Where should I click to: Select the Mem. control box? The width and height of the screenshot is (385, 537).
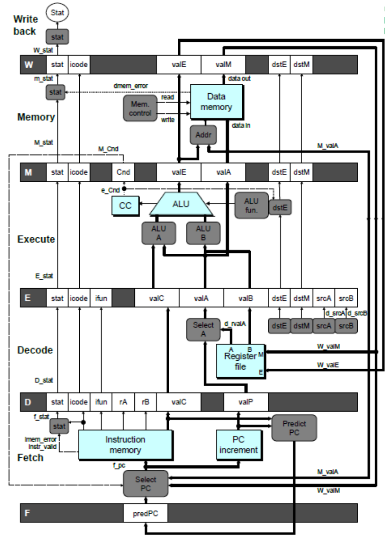pyautogui.click(x=140, y=108)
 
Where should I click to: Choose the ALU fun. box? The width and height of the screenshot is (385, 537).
pyautogui.click(x=251, y=205)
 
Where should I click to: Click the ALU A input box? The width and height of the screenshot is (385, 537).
pyautogui.click(x=159, y=233)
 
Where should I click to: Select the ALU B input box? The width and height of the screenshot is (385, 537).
pyautogui.click(x=203, y=233)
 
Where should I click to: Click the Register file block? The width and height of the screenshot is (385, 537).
pyautogui.click(x=240, y=361)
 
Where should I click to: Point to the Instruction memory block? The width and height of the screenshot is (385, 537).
pyautogui.click(x=125, y=445)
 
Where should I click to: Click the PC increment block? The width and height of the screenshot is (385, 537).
pyautogui.click(x=239, y=445)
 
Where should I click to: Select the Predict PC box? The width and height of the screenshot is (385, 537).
pyautogui.click(x=294, y=428)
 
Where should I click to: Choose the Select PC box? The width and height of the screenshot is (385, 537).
pyautogui.click(x=146, y=483)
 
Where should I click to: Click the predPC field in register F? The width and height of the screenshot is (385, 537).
pyautogui.click(x=146, y=514)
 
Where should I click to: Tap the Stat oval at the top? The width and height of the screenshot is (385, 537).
pyautogui.click(x=57, y=13)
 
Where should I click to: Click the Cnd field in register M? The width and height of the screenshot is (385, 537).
pyautogui.click(x=123, y=172)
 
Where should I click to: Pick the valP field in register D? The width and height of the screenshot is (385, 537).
pyautogui.click(x=246, y=402)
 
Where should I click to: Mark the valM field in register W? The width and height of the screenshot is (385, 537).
pyautogui.click(x=223, y=65)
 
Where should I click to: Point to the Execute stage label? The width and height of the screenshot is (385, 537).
pyautogui.click(x=36, y=239)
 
